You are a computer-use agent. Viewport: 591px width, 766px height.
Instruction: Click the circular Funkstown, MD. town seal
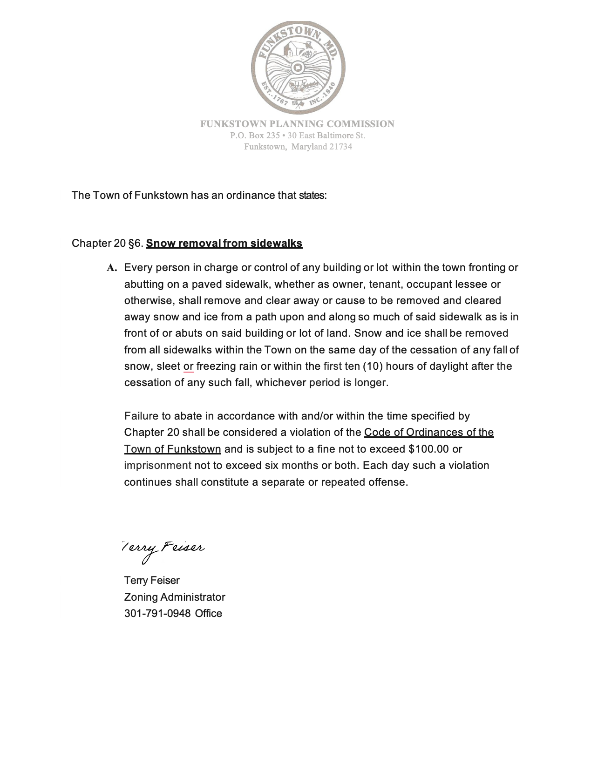[x=298, y=68]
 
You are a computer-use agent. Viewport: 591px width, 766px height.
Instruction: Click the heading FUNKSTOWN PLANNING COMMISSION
[x=297, y=124]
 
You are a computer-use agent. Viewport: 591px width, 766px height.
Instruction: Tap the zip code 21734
[x=340, y=147]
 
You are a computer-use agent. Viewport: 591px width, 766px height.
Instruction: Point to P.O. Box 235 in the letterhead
[x=255, y=136]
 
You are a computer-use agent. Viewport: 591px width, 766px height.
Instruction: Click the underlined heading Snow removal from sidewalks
[x=224, y=244]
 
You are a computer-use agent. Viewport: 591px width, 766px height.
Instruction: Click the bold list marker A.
[x=112, y=268]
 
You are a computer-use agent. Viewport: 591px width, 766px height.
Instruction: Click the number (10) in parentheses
[x=373, y=366]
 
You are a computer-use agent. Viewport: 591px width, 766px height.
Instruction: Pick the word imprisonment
[x=157, y=466]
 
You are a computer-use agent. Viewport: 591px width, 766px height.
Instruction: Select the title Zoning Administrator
[x=175, y=597]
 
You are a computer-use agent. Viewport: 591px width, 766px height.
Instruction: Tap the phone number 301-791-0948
[x=157, y=614]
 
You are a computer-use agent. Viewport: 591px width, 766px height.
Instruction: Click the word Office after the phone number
[x=209, y=614]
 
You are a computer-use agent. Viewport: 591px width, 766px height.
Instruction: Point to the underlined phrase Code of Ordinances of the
[x=428, y=433]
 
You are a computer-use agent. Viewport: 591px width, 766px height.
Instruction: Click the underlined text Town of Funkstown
[x=172, y=449]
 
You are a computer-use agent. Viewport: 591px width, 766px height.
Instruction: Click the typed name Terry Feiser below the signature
[x=152, y=581]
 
